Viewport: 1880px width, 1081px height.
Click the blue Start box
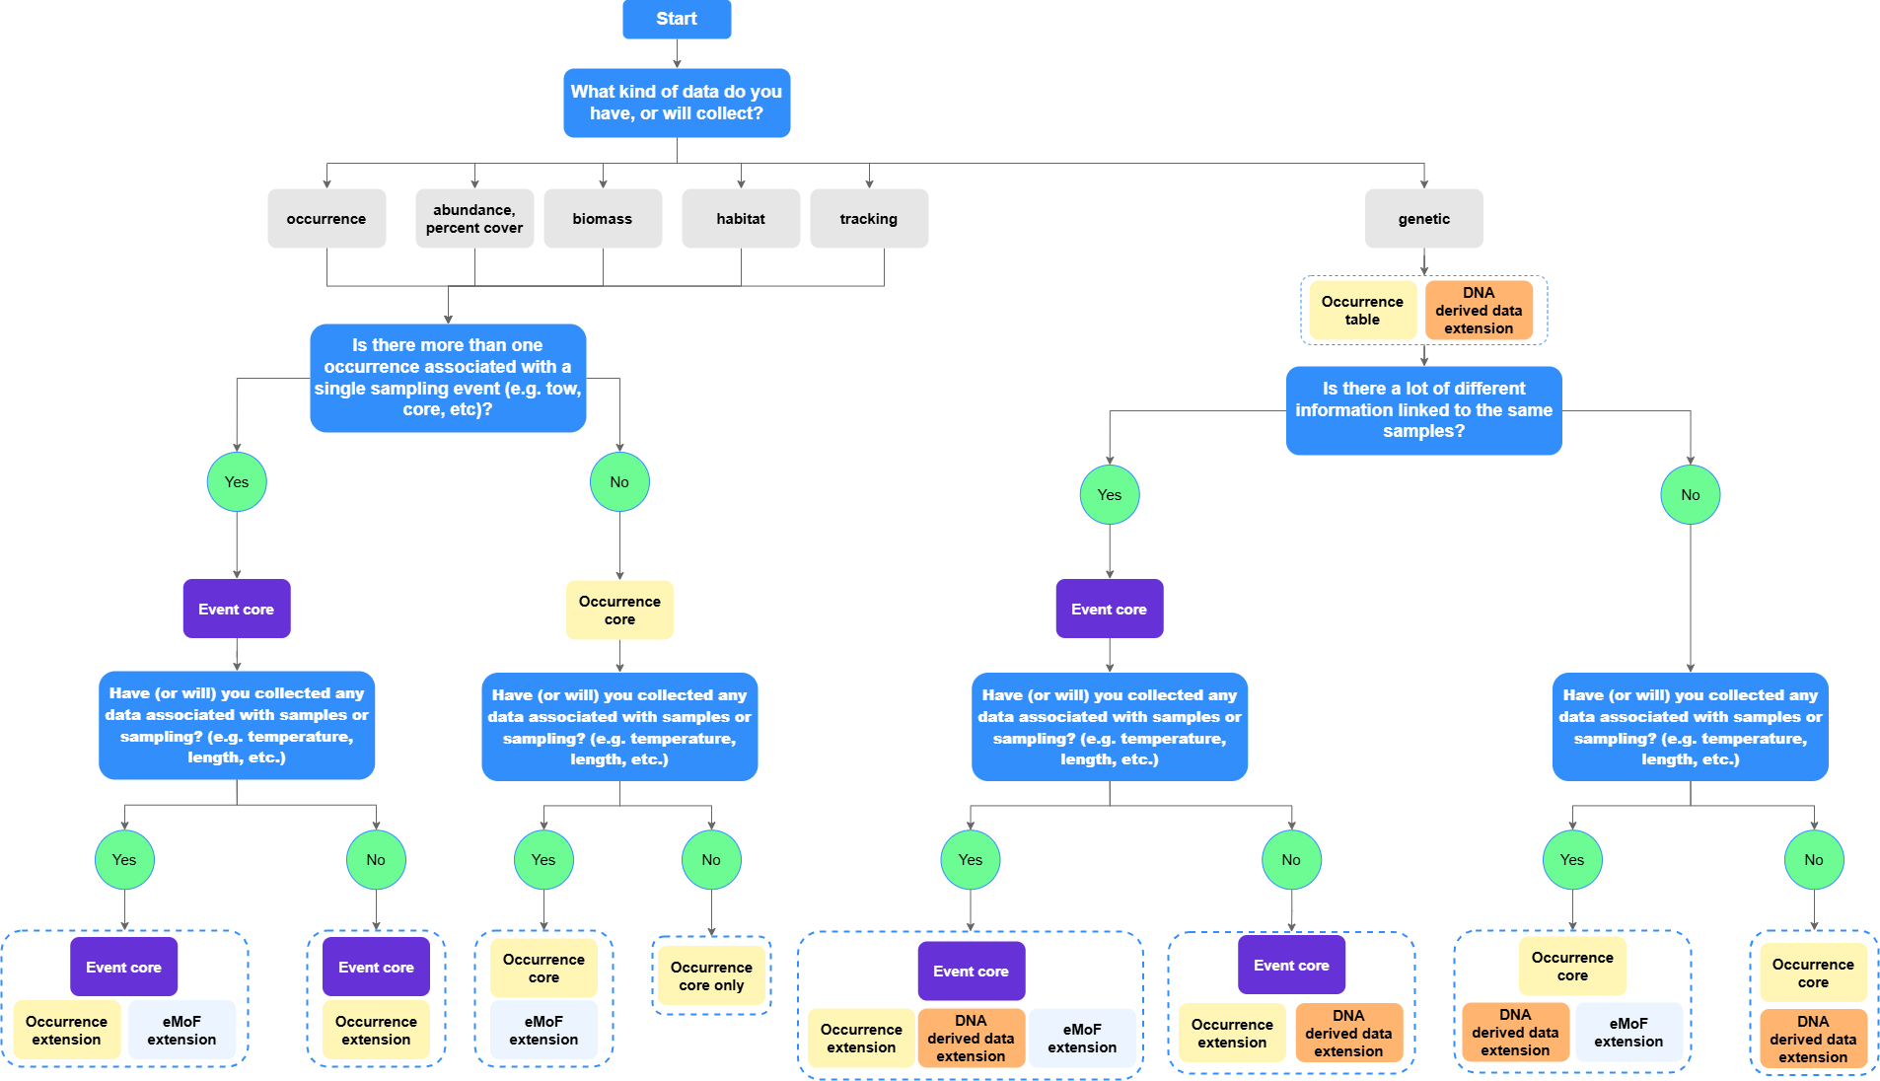point(676,19)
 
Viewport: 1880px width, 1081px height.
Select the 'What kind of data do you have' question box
point(676,103)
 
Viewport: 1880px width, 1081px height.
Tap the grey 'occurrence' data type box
point(325,218)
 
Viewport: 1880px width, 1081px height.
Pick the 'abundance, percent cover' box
point(474,218)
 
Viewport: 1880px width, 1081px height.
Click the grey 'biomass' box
point(602,218)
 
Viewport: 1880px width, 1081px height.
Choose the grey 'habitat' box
point(740,218)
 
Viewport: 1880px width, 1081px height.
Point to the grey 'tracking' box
point(868,218)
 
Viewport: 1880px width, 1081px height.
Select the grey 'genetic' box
point(1423,218)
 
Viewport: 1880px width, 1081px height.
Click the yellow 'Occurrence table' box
point(1362,310)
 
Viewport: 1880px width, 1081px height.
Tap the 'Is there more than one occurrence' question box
point(448,377)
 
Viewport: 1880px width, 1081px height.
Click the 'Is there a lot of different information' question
point(1423,409)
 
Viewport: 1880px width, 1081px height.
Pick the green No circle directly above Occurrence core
point(619,481)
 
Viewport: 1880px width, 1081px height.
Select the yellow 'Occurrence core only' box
point(711,975)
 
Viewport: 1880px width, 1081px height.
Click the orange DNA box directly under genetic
point(1479,310)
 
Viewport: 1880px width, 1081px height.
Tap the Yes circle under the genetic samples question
point(1110,494)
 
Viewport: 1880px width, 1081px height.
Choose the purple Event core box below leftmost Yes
point(236,609)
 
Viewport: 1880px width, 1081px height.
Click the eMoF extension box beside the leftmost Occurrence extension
point(181,1030)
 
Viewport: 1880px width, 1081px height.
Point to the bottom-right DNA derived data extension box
point(1813,1039)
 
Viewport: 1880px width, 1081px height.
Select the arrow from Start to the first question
point(677,54)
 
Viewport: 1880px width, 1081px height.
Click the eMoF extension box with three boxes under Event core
point(1082,1038)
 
